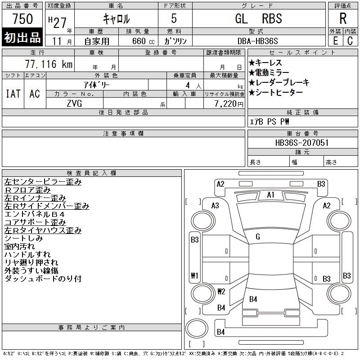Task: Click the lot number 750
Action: pyautogui.click(x=22, y=19)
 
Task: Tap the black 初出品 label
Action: pyautogui.click(x=22, y=37)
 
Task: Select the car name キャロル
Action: pyautogui.click(x=116, y=19)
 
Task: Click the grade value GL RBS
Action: pyautogui.click(x=258, y=18)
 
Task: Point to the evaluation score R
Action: pyautogui.click(x=343, y=19)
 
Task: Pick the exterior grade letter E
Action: pyautogui.click(x=335, y=40)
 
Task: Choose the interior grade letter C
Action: pyautogui.click(x=350, y=40)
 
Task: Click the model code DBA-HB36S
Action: pyautogui.click(x=258, y=40)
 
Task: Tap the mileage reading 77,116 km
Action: pyautogui.click(x=49, y=64)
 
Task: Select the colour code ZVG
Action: pyautogui.click(x=75, y=103)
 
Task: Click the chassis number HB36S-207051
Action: pyautogui.click(x=302, y=143)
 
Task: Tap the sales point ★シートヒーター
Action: pyautogui.click(x=275, y=92)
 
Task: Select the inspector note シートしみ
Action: pyautogui.click(x=23, y=238)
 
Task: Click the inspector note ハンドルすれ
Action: pyautogui.click(x=27, y=255)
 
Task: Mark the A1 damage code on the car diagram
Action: pyautogui.click(x=270, y=195)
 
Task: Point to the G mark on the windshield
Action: pyautogui.click(x=257, y=237)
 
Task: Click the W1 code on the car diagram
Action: pyautogui.click(x=194, y=275)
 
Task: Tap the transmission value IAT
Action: pyautogui.click(x=13, y=94)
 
